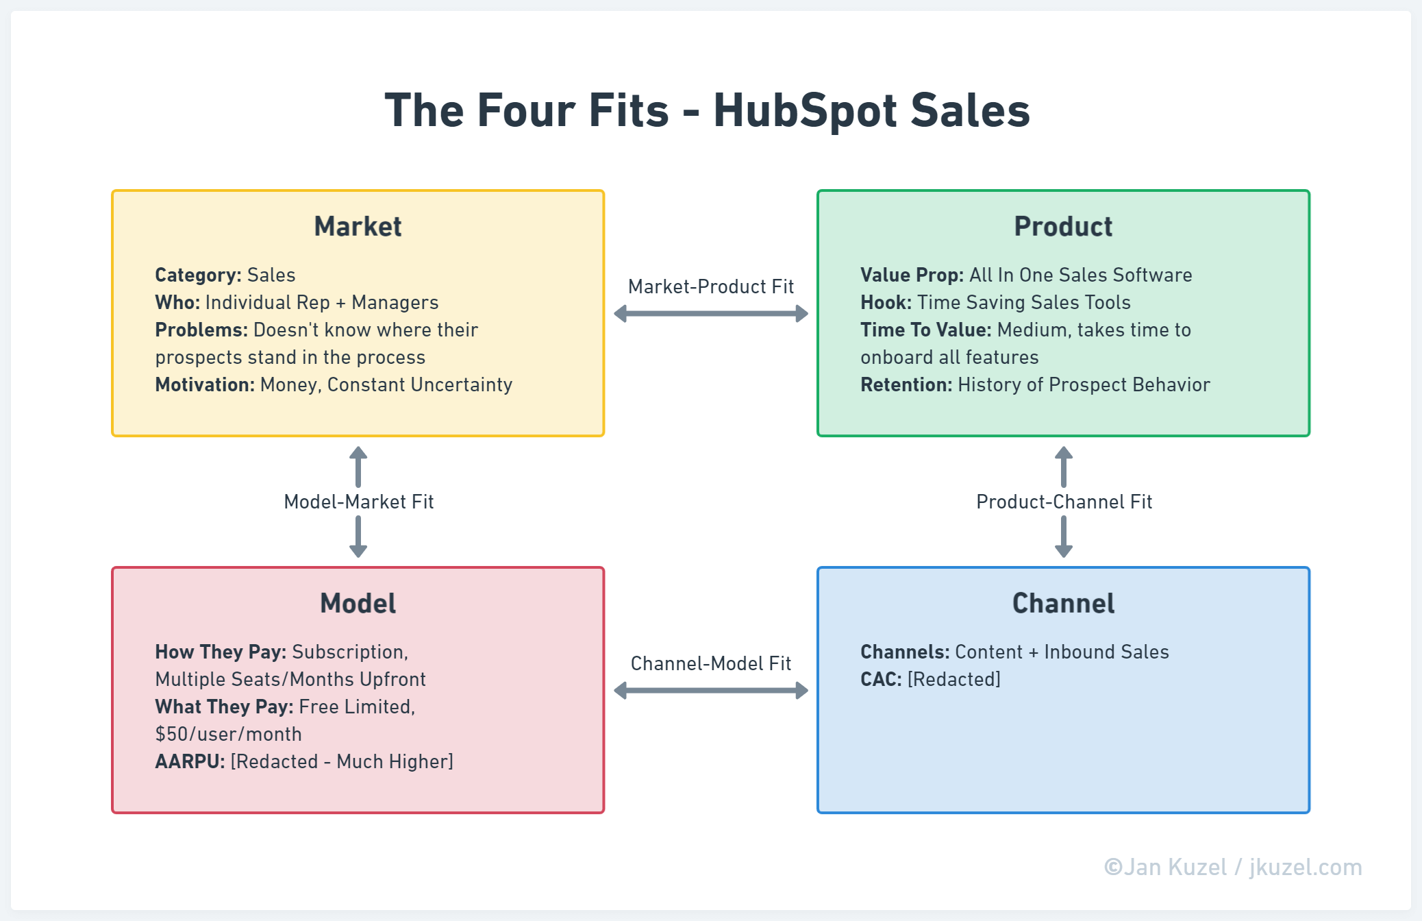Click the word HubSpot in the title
pos(805,111)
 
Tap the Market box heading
pos(358,227)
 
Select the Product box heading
pos(1063,227)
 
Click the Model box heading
pos(358,604)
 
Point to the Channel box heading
pos(1063,604)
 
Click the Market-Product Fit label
pos(711,286)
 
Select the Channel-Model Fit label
pos(711,663)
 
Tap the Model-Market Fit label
pos(358,502)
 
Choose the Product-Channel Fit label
pos(1064,502)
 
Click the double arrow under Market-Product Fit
pos(711,314)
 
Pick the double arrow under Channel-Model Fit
pos(711,690)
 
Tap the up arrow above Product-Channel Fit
pos(1064,467)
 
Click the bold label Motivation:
pos(205,384)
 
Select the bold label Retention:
pos(906,384)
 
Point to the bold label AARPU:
pos(190,761)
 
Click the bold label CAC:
pos(881,679)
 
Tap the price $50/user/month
pos(228,734)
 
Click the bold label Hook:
pos(886,302)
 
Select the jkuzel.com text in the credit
pos(1306,867)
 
